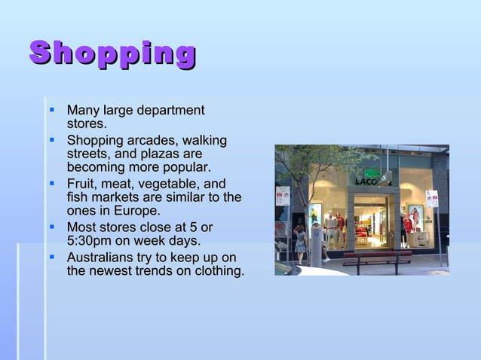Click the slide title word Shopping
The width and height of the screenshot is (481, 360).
pyautogui.click(x=113, y=54)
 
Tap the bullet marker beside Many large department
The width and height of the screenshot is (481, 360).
pyautogui.click(x=52, y=111)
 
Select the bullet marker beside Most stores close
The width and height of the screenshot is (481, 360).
pyautogui.click(x=52, y=227)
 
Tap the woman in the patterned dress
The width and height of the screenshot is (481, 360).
pyautogui.click(x=300, y=240)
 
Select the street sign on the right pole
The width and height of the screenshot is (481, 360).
pyautogui.click(x=432, y=198)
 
